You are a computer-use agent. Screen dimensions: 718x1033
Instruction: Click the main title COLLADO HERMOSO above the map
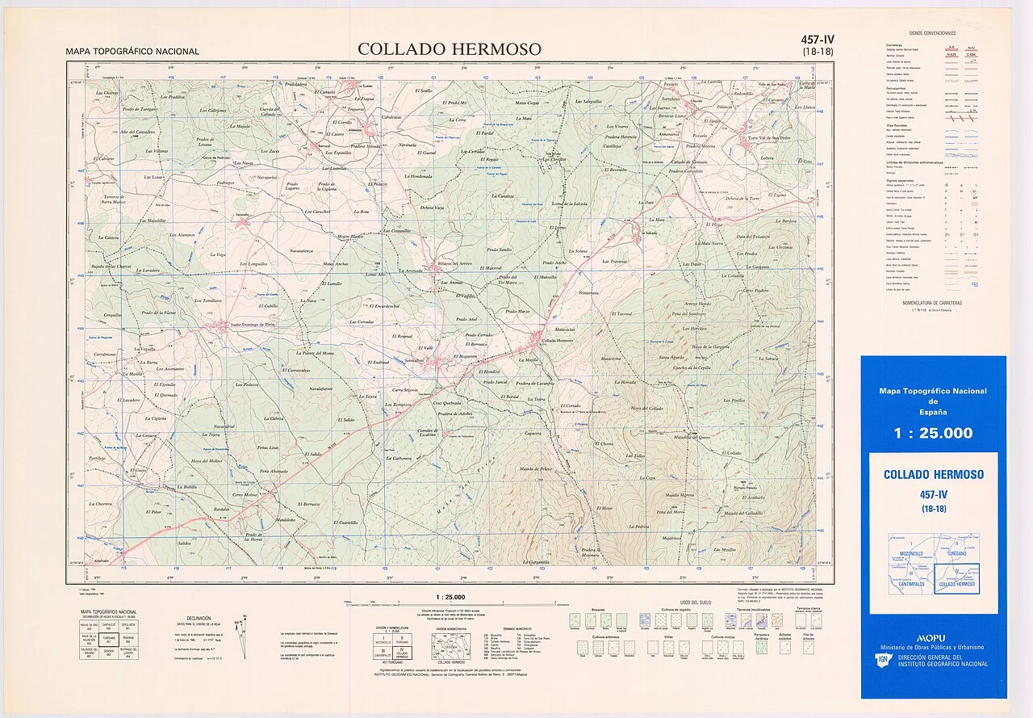point(450,49)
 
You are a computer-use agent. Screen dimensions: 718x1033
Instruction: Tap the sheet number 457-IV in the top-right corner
point(818,40)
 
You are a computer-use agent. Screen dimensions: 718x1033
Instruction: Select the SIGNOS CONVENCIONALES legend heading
point(931,33)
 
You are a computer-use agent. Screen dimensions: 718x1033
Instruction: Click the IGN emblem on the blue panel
point(882,661)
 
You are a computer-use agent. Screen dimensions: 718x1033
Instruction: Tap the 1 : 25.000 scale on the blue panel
point(933,433)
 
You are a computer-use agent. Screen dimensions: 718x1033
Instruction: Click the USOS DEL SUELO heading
point(695,603)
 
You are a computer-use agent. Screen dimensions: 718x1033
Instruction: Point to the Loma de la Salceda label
point(568,204)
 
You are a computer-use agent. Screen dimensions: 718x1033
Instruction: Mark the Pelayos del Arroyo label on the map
point(454,263)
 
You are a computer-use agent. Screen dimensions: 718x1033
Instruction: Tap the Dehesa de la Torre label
point(742,198)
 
